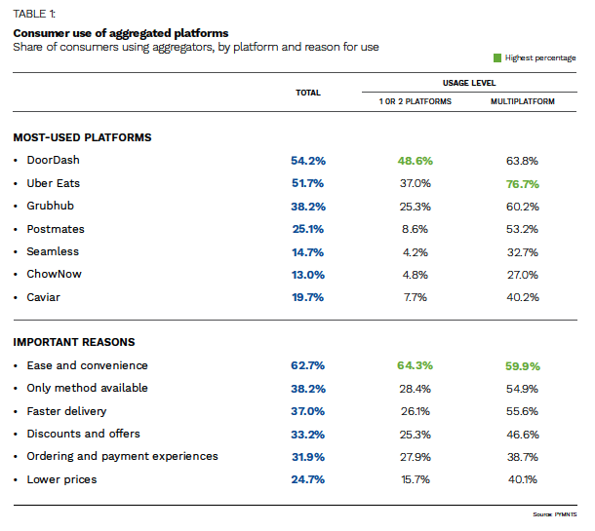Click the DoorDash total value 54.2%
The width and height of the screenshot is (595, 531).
coord(307,161)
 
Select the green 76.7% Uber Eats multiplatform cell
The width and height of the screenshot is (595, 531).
coord(522,183)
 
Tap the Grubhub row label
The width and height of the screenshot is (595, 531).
coord(51,206)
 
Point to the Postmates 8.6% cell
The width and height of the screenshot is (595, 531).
coord(415,229)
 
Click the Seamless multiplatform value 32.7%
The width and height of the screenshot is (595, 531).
coord(522,251)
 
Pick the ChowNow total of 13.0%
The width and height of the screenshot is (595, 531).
coord(307,275)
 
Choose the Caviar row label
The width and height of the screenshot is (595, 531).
coord(44,297)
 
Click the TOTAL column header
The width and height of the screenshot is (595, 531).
coord(308,93)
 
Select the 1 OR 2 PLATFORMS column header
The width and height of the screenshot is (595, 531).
coord(416,101)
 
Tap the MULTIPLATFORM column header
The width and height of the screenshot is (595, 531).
coord(522,101)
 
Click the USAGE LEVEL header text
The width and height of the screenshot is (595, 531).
coord(468,84)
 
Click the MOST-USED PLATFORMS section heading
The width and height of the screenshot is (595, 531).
coord(82,137)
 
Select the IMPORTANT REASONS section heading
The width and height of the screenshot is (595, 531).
coord(74,342)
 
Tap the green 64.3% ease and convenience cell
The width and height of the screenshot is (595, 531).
coord(415,365)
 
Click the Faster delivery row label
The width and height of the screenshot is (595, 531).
coord(66,411)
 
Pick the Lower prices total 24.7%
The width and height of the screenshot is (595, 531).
coord(307,479)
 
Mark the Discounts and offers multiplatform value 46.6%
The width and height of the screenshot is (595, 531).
coord(522,434)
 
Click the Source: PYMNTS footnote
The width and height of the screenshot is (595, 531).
coord(557,512)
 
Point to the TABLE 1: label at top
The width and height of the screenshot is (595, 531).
coord(35,14)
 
